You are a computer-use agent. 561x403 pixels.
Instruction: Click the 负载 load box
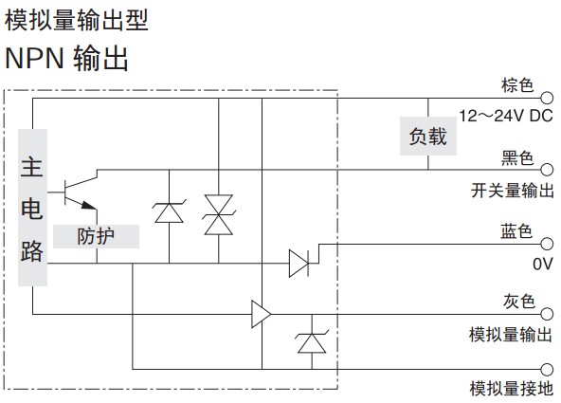[x=428, y=136]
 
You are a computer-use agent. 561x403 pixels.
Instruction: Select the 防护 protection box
[x=96, y=236]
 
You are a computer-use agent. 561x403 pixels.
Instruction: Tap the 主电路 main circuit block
[x=32, y=208]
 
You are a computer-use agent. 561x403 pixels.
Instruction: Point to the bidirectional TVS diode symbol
[x=219, y=214]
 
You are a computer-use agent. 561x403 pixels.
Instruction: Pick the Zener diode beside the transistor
[x=170, y=212]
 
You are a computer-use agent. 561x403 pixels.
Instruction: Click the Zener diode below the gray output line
[x=312, y=342]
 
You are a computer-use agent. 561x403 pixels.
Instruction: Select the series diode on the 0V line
[x=299, y=264]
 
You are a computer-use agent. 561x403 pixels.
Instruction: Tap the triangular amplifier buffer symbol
[x=262, y=314]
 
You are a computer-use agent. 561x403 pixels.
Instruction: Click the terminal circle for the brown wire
[x=547, y=98]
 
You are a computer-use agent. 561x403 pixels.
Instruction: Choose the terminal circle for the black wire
[x=547, y=170]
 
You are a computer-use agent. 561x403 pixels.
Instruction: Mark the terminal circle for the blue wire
[x=547, y=244]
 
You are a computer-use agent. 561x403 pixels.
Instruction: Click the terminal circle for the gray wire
[x=547, y=314]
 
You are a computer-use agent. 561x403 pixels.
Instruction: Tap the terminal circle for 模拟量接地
[x=547, y=369]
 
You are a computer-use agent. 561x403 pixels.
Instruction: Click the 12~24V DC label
[x=506, y=116]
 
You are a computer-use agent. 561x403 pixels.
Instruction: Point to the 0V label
[x=543, y=264]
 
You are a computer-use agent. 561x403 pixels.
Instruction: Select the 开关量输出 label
[x=513, y=190]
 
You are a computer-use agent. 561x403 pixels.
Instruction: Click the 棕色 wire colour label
[x=517, y=85]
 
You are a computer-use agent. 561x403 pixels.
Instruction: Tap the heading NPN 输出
[x=66, y=58]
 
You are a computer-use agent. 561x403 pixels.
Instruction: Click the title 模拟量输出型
[x=77, y=20]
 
